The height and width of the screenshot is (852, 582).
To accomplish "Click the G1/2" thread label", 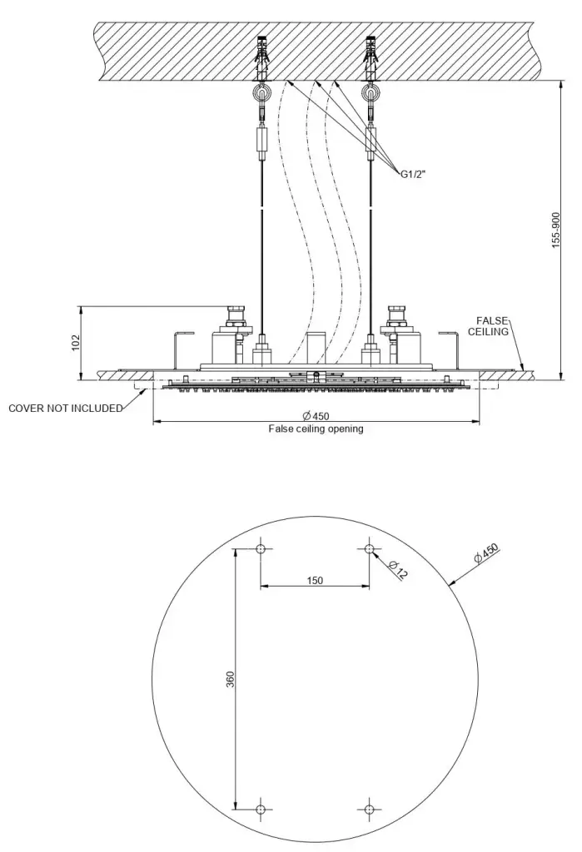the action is tap(412, 175).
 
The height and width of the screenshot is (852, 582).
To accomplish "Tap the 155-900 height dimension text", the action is tap(555, 230).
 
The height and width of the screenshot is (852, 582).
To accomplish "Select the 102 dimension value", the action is tap(76, 342).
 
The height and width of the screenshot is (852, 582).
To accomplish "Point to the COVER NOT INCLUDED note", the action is tap(65, 408).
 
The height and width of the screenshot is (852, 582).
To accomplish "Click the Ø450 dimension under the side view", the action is tap(316, 416).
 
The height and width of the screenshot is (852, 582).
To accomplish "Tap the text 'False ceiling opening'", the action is tap(316, 428).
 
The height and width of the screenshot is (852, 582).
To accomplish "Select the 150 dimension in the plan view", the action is tap(315, 580).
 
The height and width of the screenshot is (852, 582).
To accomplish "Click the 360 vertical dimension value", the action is tap(230, 679).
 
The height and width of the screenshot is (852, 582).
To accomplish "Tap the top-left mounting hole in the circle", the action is tap(261, 549).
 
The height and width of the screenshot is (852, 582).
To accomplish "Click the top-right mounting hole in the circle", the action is tap(370, 549).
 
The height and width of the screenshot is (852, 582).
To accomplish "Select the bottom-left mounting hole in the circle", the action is tap(261, 809).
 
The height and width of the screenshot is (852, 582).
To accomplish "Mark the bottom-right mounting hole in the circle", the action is tap(370, 809).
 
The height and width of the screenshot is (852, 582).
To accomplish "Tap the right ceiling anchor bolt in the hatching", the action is tap(371, 57).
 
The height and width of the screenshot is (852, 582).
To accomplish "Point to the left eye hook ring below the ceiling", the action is tap(261, 93).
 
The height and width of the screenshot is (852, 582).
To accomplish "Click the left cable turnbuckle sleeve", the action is tap(261, 140).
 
